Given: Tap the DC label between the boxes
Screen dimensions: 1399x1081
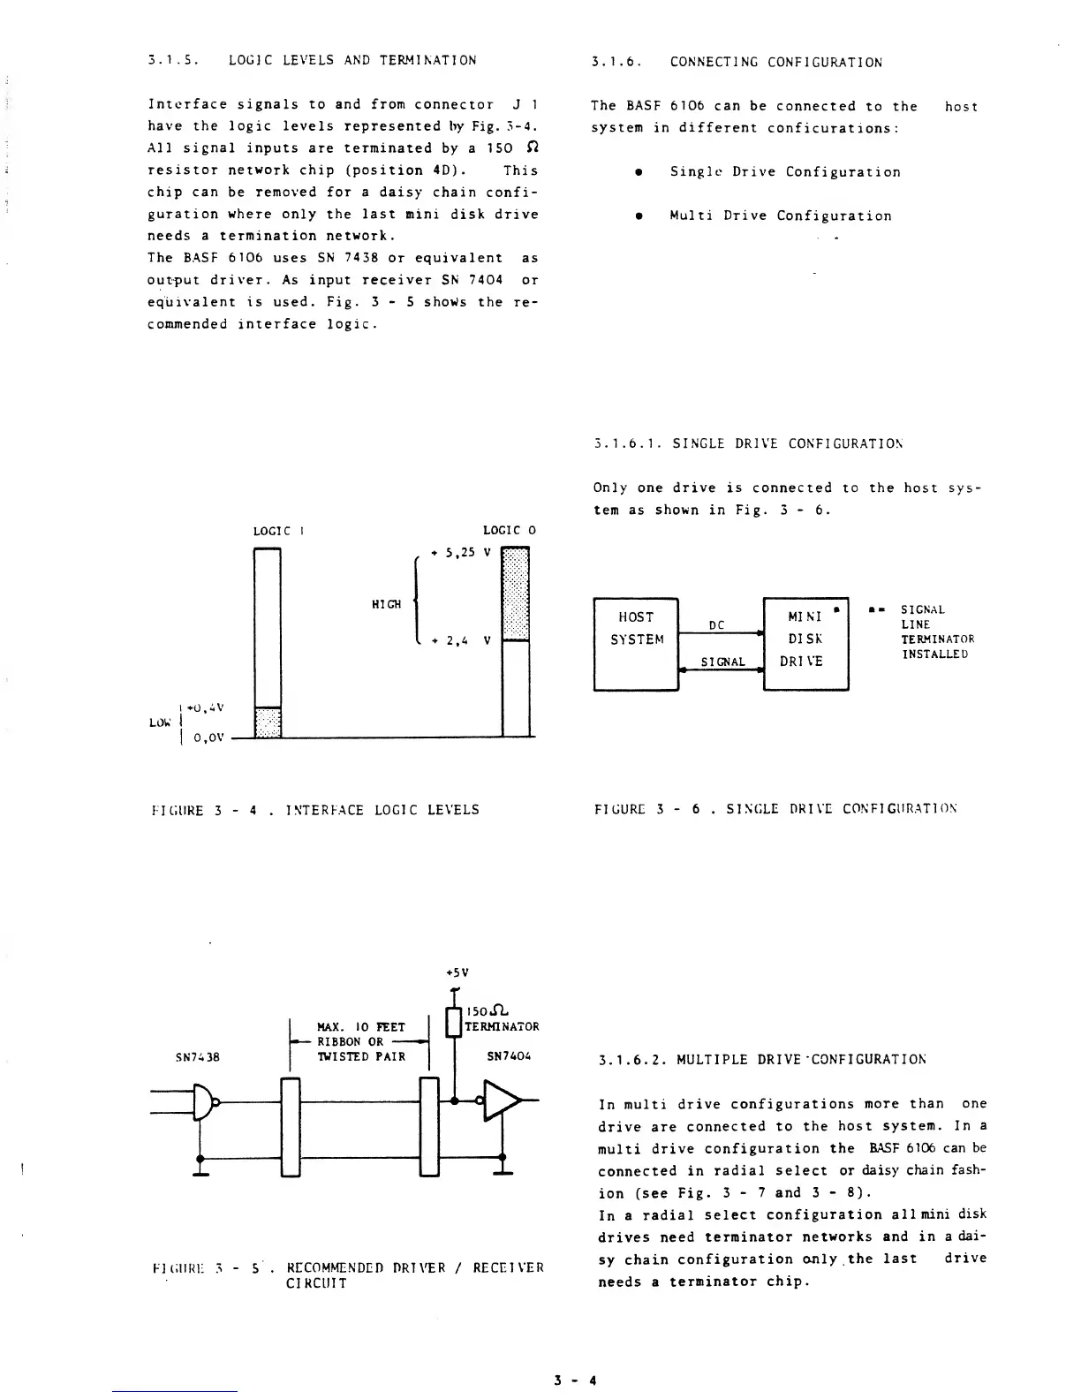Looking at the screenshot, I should point(717,625).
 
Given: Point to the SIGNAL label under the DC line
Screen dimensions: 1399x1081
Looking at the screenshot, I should point(722,662).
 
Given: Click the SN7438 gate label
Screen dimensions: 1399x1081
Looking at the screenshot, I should point(197,1055).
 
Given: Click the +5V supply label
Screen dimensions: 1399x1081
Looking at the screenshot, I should point(457,972).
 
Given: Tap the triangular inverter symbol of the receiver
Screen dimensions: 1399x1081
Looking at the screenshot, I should point(502,1100).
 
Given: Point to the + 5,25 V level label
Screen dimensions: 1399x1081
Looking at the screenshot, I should point(459,553).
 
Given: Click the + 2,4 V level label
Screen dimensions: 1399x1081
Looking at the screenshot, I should point(459,641).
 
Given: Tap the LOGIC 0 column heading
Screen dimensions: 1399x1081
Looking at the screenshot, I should point(510,531).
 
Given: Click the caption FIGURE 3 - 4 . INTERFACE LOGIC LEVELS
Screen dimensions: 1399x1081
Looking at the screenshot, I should point(315,809).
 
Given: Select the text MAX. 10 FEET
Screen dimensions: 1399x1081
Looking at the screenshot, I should point(360,1026).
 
